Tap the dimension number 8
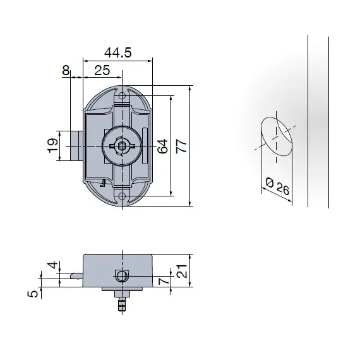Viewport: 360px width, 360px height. point(65,70)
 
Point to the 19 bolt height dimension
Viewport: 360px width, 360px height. point(53,146)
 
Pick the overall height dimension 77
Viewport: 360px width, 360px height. point(181,146)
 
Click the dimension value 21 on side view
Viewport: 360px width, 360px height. point(181,272)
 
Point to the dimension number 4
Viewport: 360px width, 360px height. point(53,265)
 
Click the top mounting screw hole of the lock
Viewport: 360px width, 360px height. point(123,96)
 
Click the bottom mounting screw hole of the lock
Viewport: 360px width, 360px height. point(123,195)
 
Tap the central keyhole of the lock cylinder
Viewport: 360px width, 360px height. point(121,145)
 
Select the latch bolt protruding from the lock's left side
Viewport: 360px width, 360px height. point(76,145)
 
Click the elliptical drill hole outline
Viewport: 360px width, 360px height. point(275,135)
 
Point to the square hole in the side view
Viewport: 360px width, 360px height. point(121,276)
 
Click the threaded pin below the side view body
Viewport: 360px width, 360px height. point(121,304)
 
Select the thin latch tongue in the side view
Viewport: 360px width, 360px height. point(76,275)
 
